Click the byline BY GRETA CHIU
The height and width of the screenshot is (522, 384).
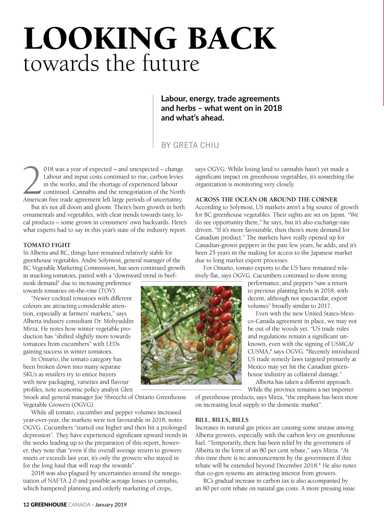click(x=190, y=145)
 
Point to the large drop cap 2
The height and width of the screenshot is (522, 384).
click(x=32, y=181)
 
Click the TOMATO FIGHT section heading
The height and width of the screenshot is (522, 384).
click(x=47, y=245)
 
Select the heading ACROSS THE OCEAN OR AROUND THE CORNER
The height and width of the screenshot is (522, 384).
click(x=266, y=199)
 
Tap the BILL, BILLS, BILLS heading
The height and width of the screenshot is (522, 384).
click(x=222, y=420)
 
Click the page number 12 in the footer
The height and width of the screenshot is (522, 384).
click(x=26, y=505)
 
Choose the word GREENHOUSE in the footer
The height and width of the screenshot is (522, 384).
click(x=49, y=505)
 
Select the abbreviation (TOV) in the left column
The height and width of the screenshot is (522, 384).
click(x=107, y=291)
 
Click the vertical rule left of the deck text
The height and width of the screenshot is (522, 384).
click(x=154, y=121)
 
